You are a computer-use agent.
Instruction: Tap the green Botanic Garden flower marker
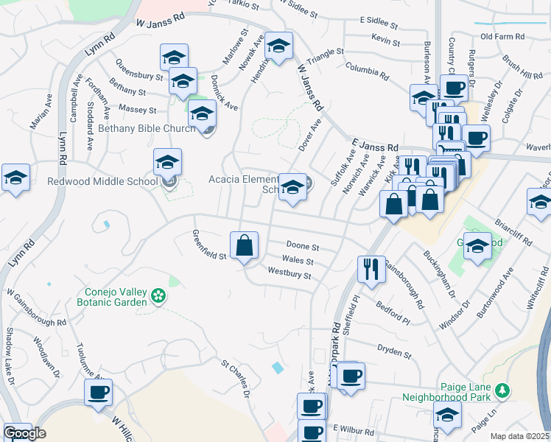click(157, 296)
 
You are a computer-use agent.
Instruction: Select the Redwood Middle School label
click(102, 181)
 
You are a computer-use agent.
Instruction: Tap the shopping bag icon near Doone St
click(244, 245)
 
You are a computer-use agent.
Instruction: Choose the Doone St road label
click(302, 247)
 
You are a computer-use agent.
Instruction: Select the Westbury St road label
click(289, 273)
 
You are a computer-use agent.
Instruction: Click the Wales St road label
click(298, 260)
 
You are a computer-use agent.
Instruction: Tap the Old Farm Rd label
click(502, 36)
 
